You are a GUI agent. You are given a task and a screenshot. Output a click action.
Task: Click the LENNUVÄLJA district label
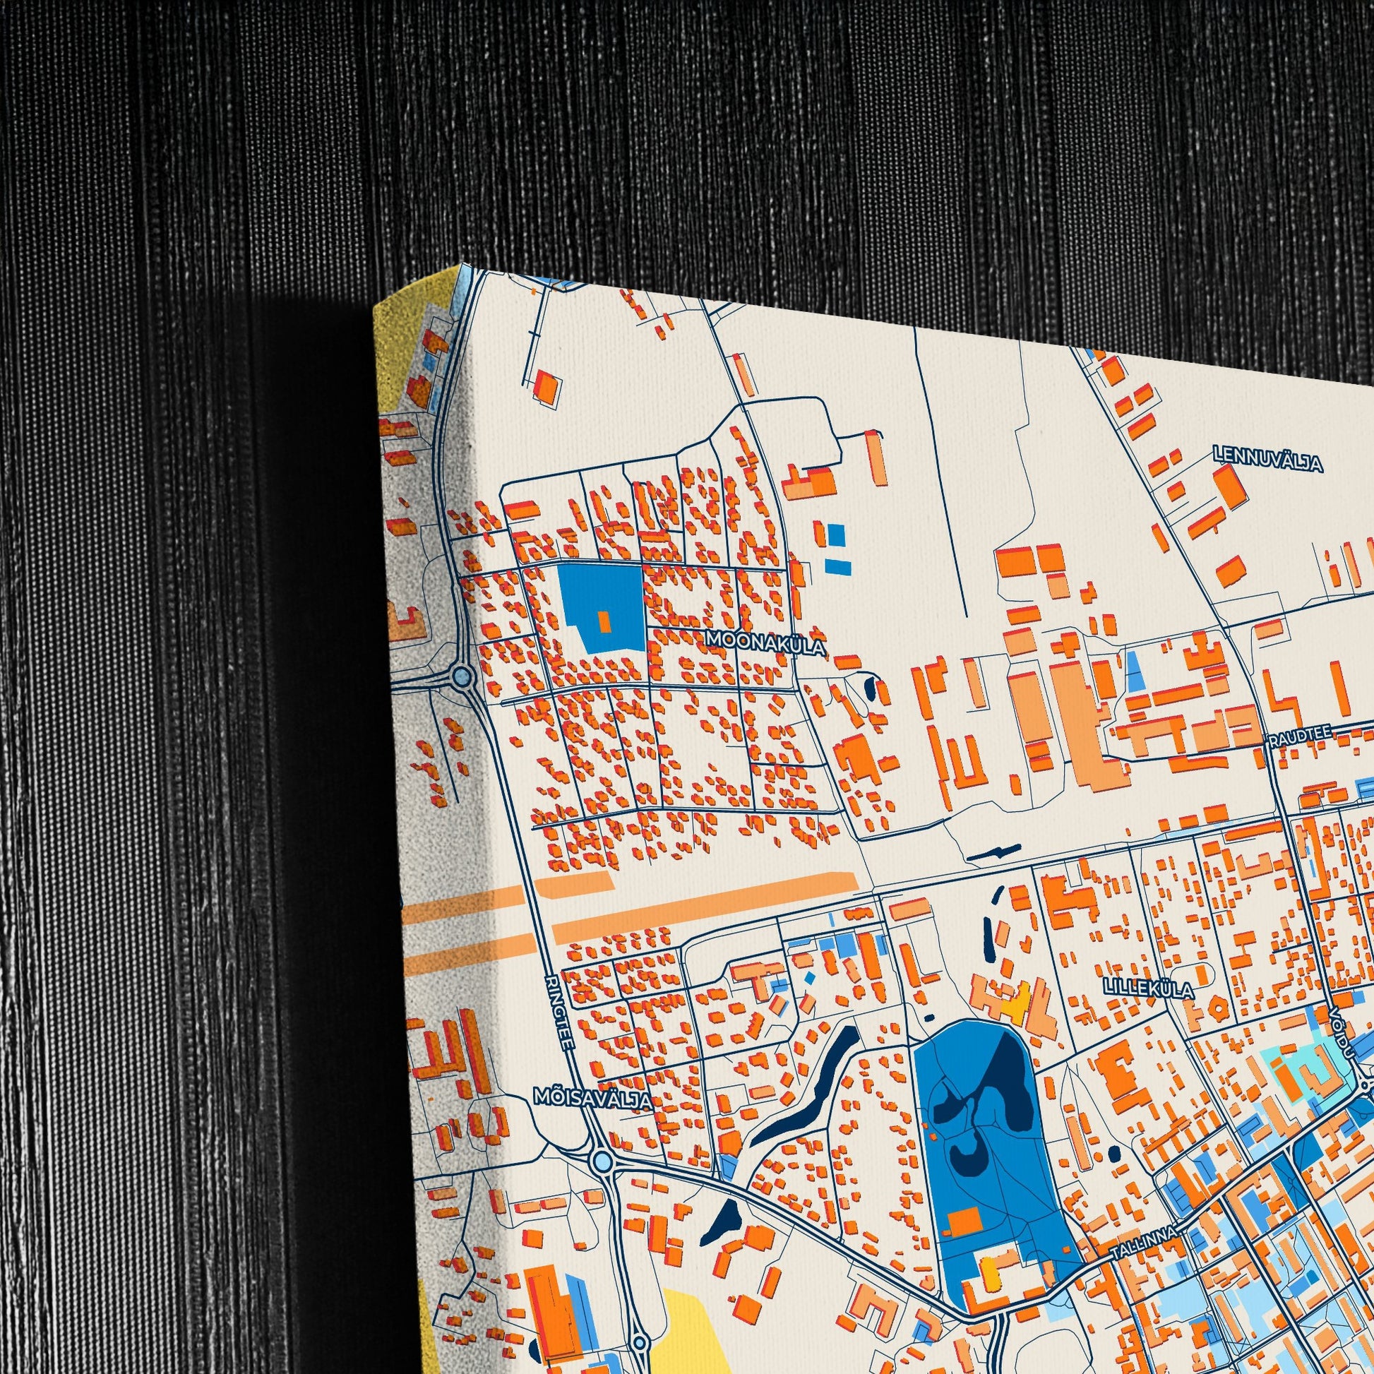click(x=1268, y=459)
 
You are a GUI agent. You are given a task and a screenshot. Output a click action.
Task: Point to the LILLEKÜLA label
click(x=1148, y=988)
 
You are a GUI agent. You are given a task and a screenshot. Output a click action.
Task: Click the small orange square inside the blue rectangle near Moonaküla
click(x=604, y=621)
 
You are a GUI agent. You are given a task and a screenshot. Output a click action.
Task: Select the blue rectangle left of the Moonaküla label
click(x=601, y=605)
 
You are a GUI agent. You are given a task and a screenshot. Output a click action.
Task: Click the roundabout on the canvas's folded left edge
click(x=462, y=674)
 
